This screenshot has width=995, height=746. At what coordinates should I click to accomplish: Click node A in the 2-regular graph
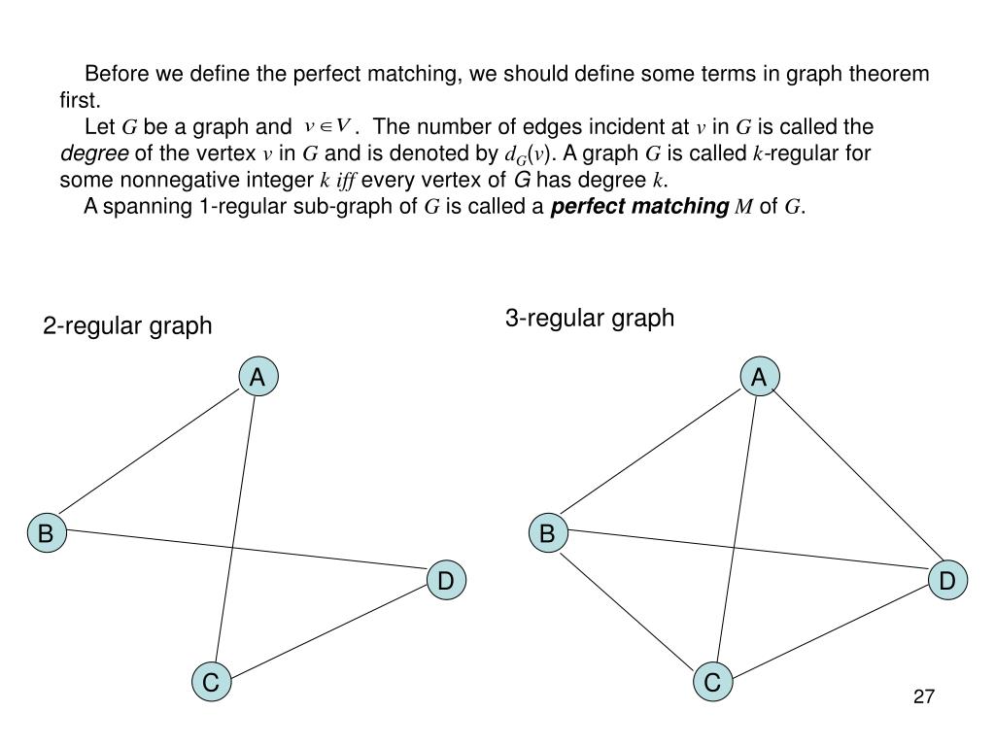pyautogui.click(x=257, y=377)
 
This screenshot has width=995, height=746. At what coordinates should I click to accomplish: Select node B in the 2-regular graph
pyautogui.click(x=46, y=533)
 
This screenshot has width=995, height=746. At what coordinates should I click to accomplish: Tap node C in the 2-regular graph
pyautogui.click(x=210, y=682)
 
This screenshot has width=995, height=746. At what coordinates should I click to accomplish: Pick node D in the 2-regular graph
pyautogui.click(x=445, y=581)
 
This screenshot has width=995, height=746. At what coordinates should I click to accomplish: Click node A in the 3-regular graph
pyautogui.click(x=759, y=377)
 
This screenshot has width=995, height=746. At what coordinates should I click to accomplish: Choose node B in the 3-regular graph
pyautogui.click(x=547, y=533)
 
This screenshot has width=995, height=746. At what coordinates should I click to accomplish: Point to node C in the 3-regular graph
pyautogui.click(x=712, y=682)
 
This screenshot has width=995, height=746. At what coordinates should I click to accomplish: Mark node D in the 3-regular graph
pyautogui.click(x=947, y=581)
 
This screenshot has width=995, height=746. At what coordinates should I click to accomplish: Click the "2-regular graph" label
pyautogui.click(x=126, y=325)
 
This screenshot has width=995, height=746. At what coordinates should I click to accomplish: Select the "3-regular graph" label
pyautogui.click(x=589, y=318)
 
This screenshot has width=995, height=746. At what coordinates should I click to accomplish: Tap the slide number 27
pyautogui.click(x=923, y=696)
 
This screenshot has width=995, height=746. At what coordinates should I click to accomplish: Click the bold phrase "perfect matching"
pyautogui.click(x=639, y=206)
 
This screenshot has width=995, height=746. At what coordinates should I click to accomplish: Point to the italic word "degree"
pyautogui.click(x=94, y=153)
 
